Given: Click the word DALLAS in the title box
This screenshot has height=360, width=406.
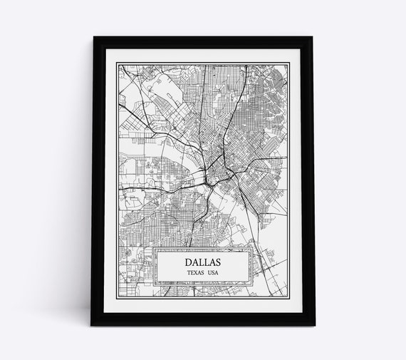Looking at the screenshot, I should point(202,262).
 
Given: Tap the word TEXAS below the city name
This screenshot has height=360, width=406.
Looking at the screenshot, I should point(192,272).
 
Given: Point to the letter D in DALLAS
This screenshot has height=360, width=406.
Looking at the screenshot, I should point(184,262).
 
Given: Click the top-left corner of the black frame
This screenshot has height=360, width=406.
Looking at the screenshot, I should point(91,37).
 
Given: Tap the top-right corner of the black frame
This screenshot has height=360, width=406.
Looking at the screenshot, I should point(314,37).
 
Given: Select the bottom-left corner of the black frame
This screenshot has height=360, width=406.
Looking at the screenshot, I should point(91,325).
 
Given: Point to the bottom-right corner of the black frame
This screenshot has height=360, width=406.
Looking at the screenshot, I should point(314,325).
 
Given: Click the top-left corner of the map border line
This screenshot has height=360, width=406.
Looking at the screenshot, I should point(116,63).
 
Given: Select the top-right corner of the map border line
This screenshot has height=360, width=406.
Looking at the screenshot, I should point(289,63).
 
